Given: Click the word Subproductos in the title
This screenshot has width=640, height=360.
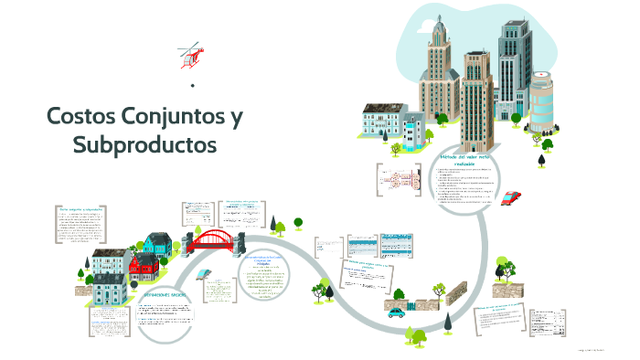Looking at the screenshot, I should (144, 144).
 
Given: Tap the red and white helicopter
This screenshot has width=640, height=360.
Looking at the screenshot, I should (190, 54).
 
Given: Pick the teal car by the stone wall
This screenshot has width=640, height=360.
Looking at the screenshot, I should (396, 312).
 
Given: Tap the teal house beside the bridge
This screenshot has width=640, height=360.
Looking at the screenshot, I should (158, 245).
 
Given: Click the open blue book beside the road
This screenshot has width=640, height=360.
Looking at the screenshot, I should (207, 273).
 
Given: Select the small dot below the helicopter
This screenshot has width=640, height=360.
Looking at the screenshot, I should (192, 86).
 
